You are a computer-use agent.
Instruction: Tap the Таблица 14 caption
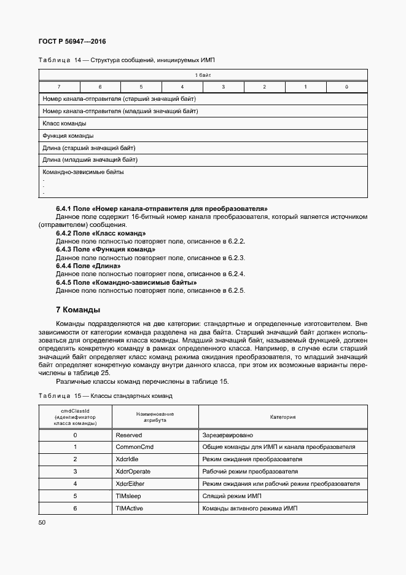click(x=127, y=60)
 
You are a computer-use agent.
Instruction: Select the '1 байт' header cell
click(x=203, y=74)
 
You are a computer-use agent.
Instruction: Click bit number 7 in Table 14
click(x=59, y=87)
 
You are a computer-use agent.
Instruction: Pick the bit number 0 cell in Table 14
click(x=347, y=87)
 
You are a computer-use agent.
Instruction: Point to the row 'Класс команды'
click(x=64, y=123)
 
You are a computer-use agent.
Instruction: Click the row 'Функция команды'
click(x=68, y=135)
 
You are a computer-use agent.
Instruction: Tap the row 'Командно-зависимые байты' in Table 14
click(x=84, y=172)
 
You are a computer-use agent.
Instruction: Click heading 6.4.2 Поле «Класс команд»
click(x=101, y=234)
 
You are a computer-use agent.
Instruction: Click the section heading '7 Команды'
click(x=78, y=309)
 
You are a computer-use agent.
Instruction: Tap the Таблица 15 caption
click(x=106, y=395)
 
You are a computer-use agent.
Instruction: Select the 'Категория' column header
click(x=283, y=417)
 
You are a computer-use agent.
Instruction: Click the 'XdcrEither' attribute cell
click(x=133, y=484)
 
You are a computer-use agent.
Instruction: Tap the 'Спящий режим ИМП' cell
click(x=231, y=496)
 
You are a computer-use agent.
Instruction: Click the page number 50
click(x=42, y=523)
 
